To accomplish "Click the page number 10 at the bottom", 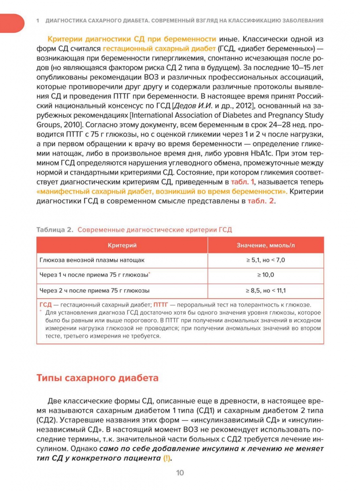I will pyautogui.click(x=180, y=473).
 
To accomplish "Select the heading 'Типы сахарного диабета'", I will pyautogui.click(x=97, y=378).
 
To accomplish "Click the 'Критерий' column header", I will pyautogui.click(x=122, y=245).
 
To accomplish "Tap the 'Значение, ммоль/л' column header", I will pyautogui.click(x=265, y=245).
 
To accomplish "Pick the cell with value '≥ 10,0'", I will pyautogui.click(x=265, y=275).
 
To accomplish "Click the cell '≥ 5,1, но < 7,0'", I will pyautogui.click(x=265, y=260).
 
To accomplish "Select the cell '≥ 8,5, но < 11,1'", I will pyautogui.click(x=265, y=290).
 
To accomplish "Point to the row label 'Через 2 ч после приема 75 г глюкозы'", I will pyautogui.click(x=95, y=290).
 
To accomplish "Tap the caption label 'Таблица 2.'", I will pyautogui.click(x=55, y=230).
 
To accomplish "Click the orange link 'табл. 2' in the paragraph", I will pyautogui.click(x=261, y=201).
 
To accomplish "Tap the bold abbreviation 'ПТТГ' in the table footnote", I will pyautogui.click(x=162, y=305).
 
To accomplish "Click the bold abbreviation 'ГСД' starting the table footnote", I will pyautogui.click(x=45, y=305).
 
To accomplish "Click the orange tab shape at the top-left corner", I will pyautogui.click(x=11, y=23).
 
